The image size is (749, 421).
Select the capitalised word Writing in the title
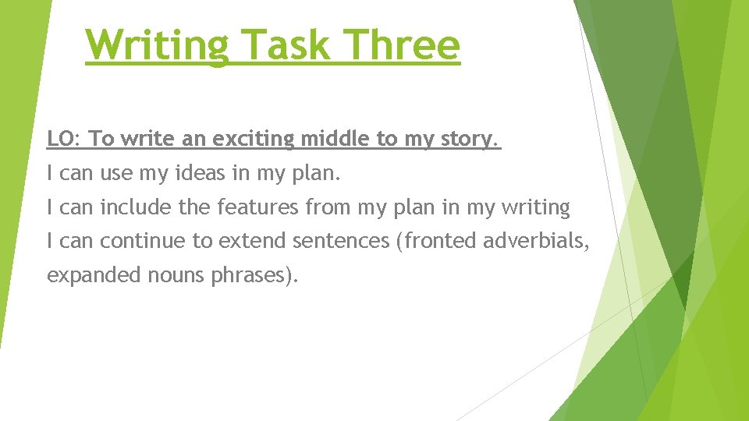157,44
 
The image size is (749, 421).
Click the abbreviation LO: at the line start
65,139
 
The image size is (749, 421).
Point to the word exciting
254,139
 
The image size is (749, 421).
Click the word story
470,139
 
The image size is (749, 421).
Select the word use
116,173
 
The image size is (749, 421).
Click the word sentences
341,242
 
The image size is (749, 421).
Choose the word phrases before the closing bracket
249,276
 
